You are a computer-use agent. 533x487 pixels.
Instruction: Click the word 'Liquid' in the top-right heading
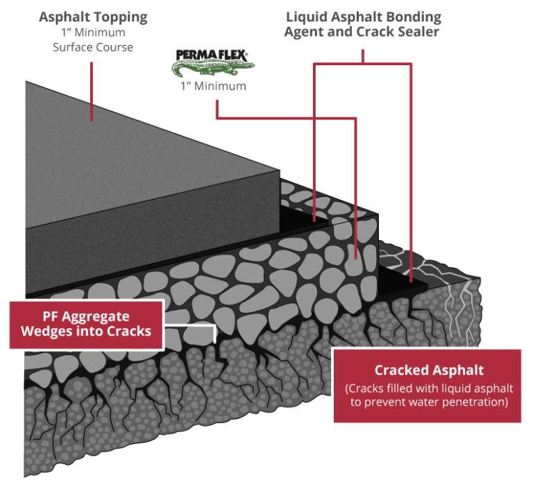[307, 17]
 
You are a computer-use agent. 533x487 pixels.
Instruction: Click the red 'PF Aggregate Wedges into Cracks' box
[86, 323]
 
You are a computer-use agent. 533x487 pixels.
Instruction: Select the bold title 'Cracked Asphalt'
[429, 370]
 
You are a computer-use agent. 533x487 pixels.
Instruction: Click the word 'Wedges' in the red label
[50, 331]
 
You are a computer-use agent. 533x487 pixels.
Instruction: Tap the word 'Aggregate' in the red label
[103, 316]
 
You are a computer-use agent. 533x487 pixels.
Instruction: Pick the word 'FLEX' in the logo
[232, 53]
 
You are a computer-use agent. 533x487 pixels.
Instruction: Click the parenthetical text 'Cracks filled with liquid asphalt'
[428, 388]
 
